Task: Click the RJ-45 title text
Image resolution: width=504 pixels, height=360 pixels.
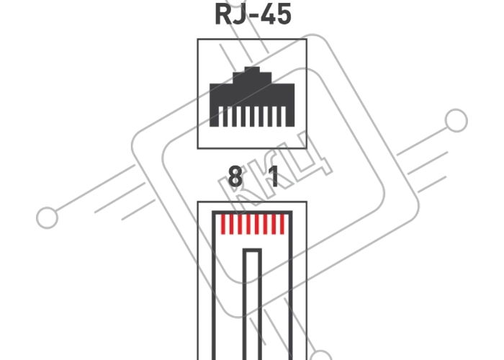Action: click(253, 14)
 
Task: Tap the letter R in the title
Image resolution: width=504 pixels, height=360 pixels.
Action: click(222, 14)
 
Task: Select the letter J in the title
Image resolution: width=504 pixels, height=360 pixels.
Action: click(240, 14)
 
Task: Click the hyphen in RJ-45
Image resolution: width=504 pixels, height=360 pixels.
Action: click(253, 17)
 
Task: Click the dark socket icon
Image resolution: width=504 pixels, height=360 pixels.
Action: click(252, 96)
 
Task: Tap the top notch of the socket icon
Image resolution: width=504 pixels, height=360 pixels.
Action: click(252, 69)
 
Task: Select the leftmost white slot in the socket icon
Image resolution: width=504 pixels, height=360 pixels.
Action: click(221, 117)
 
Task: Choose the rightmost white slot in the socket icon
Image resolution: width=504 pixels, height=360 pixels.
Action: click(283, 117)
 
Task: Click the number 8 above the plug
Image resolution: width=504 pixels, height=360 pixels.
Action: click(235, 176)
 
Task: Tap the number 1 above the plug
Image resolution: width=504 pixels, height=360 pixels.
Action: click(274, 176)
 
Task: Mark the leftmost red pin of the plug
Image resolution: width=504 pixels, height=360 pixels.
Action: click(223, 225)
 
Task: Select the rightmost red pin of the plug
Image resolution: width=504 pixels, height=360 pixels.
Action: click(282, 225)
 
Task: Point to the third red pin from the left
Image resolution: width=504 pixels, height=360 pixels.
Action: click(240, 225)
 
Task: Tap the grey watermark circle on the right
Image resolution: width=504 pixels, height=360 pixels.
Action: click(456, 120)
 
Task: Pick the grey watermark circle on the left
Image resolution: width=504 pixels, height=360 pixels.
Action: click(48, 217)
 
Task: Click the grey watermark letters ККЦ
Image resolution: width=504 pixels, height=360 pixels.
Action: click(276, 167)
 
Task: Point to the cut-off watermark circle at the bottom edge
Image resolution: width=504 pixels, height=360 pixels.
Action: click(321, 355)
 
